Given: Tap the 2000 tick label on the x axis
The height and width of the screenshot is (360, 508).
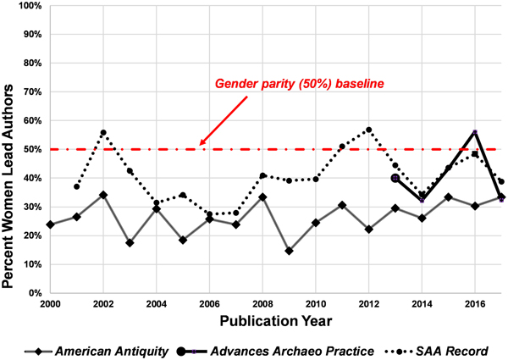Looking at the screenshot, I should coord(51,303).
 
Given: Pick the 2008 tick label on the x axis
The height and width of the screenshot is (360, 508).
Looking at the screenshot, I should coord(262,303).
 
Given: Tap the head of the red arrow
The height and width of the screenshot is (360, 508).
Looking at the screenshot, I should coord(202,144).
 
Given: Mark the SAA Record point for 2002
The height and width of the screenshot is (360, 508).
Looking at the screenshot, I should coord(103,133).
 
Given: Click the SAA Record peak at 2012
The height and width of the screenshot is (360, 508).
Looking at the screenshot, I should coord(369,130).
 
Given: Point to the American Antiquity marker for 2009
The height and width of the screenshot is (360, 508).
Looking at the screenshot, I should coord(290,251).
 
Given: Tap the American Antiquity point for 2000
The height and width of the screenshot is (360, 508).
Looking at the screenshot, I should coord(51,224).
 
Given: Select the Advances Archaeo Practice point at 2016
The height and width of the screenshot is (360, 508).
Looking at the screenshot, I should coord(475,132).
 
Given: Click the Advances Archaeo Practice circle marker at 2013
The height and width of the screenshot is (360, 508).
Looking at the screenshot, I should coord(395,178).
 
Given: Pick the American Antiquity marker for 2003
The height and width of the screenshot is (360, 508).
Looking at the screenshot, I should coord(130,243).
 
